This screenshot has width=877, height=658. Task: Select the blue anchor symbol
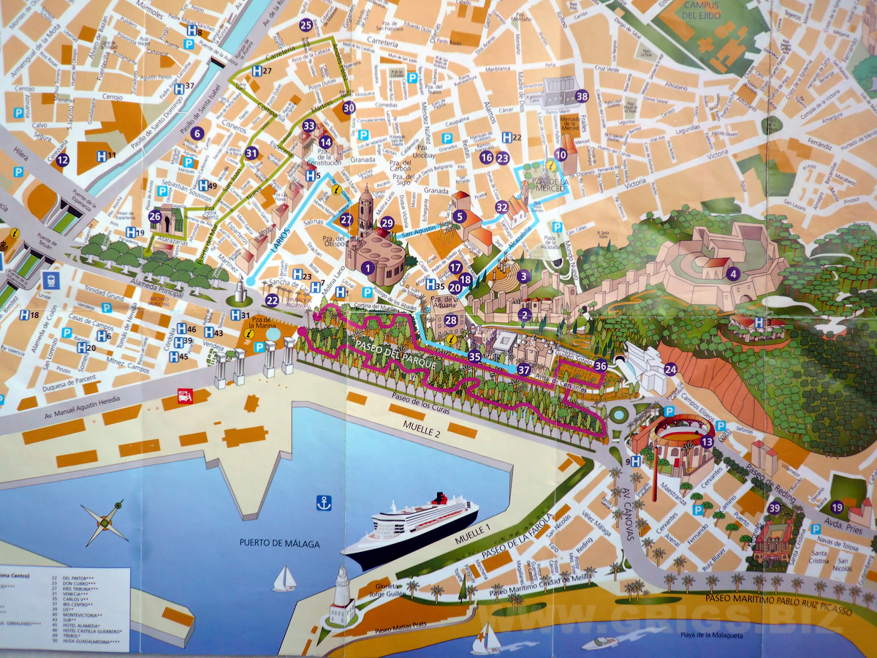[323, 502]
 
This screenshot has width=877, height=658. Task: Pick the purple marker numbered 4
[734, 275]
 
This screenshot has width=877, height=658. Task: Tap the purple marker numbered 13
[707, 442]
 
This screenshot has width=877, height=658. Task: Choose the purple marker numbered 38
[582, 96]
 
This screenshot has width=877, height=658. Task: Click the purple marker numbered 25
[306, 26]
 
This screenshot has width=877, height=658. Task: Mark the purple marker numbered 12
[63, 159]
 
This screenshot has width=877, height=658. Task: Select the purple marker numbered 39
[774, 508]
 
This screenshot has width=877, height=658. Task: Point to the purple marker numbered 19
[837, 507]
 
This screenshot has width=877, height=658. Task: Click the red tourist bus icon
[186, 396]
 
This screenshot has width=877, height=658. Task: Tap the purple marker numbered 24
[670, 369]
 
